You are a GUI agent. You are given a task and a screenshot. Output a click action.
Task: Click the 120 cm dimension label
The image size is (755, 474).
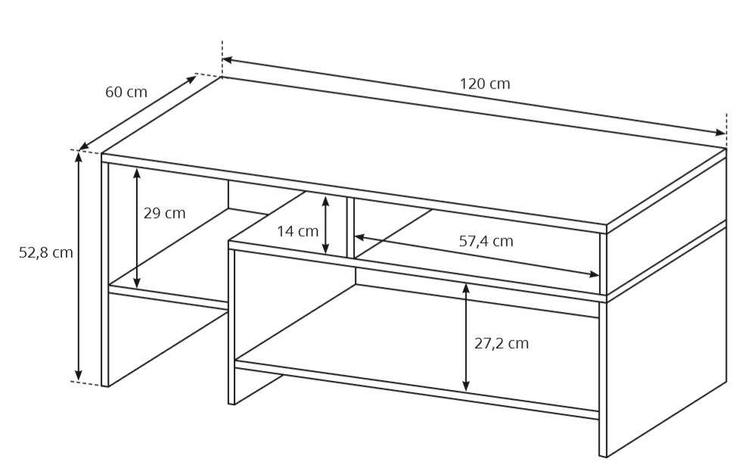tap(484, 84)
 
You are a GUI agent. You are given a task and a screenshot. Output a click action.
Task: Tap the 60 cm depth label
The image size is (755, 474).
tap(126, 92)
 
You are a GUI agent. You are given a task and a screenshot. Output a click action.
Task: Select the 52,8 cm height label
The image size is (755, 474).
tap(45, 252)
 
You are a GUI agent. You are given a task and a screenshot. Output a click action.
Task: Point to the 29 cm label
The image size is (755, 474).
tap(164, 213)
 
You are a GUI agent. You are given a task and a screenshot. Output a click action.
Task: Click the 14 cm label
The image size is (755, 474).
tap(297, 231)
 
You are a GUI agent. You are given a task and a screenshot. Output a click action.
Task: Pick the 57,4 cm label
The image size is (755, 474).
tap(486, 241)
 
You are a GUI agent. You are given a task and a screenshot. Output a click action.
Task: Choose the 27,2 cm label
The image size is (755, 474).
tap(502, 344)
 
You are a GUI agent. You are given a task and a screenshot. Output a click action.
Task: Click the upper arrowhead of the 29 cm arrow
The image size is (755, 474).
tap(137, 173)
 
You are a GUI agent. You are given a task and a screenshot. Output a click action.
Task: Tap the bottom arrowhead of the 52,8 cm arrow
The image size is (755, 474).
tap(79, 376)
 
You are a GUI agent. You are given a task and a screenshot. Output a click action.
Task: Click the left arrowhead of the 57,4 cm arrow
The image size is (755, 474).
tap(359, 237)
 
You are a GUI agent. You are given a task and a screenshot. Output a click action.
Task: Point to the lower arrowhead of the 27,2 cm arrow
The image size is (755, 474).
tap(465, 385)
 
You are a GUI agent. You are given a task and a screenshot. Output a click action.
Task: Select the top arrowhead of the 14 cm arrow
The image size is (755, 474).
tap(325, 201)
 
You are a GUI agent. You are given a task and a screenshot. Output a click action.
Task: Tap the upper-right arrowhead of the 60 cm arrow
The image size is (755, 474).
tap(192, 79)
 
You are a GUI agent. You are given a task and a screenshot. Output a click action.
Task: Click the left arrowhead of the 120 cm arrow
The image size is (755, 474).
tap(228, 61)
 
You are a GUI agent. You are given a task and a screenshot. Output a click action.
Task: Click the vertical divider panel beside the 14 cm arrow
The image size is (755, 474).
tap(350, 227)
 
